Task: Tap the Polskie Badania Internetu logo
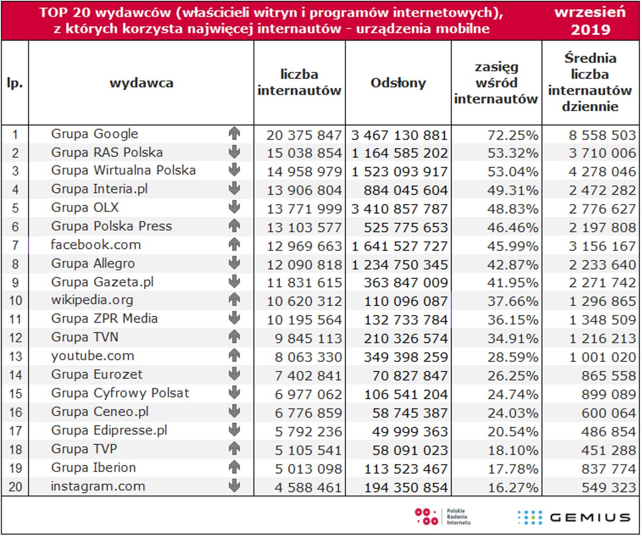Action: point(442,517)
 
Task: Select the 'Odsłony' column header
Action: point(398,83)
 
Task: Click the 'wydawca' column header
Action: point(141,83)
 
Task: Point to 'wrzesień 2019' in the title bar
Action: point(590,21)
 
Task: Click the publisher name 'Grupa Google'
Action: point(94,134)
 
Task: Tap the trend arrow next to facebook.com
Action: point(234,245)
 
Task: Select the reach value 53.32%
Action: point(512,153)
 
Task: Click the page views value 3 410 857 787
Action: point(400,209)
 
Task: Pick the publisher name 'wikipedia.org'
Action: point(92,301)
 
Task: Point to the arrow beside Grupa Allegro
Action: point(234,263)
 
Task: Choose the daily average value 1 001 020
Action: point(602,357)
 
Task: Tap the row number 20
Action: point(15,487)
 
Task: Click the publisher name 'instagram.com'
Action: point(98,486)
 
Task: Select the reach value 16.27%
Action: point(512,488)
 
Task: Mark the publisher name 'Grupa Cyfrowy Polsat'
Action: point(120,393)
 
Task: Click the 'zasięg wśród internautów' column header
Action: point(496,83)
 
